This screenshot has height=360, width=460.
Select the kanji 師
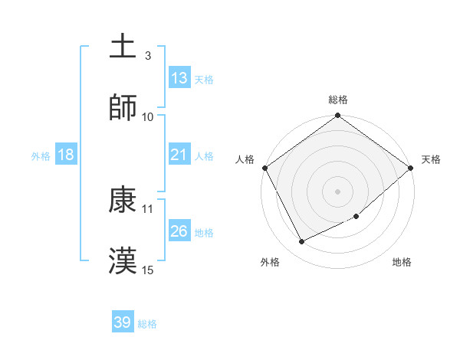tap(123, 108)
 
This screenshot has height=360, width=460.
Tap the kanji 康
tap(123, 201)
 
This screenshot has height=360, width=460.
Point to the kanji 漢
tap(123, 261)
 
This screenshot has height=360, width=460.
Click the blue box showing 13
tap(179, 78)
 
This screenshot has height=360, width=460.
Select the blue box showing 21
tap(179, 155)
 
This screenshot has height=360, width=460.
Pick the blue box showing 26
tap(179, 231)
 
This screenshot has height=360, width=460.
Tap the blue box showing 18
tap(66, 155)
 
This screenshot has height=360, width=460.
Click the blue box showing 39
tap(123, 322)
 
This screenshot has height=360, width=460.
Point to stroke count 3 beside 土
tap(148, 56)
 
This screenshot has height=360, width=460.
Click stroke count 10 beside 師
tap(148, 116)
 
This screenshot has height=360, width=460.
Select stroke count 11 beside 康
tap(148, 208)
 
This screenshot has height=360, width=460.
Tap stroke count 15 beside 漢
tap(148, 270)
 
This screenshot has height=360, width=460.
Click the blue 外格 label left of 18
tap(41, 156)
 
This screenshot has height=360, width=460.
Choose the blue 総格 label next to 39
tap(147, 324)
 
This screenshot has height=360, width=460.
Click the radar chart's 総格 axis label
tap(338, 100)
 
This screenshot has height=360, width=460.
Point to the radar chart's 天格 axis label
tap(431, 159)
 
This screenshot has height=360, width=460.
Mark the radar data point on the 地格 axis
tap(356, 216)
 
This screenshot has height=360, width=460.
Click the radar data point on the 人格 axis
tap(265, 168)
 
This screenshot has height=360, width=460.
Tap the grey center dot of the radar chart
tap(338, 191)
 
